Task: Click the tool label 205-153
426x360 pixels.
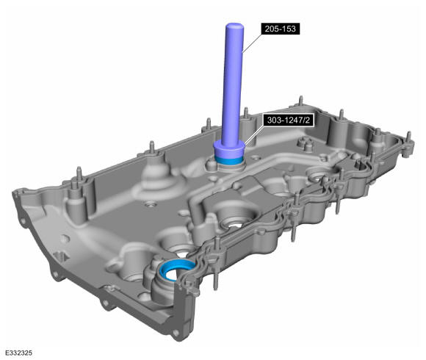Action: pyautogui.click(x=281, y=29)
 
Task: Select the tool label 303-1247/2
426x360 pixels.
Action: pyautogui.click(x=288, y=120)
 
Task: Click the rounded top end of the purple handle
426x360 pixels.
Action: pyautogui.click(x=234, y=26)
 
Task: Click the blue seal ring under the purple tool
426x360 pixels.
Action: pyautogui.click(x=228, y=162)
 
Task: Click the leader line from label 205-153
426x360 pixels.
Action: pyautogui.click(x=253, y=43)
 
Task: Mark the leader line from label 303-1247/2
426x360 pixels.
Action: pyautogui.click(x=253, y=134)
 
